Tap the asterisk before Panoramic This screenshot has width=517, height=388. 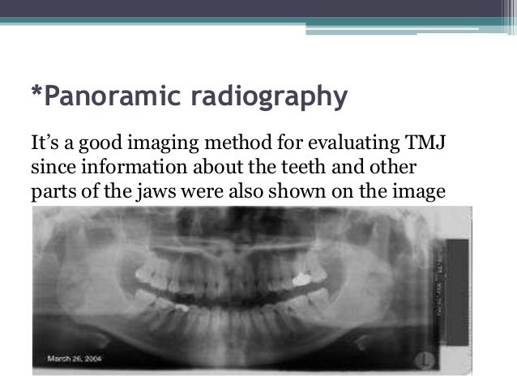pos(36,94)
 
